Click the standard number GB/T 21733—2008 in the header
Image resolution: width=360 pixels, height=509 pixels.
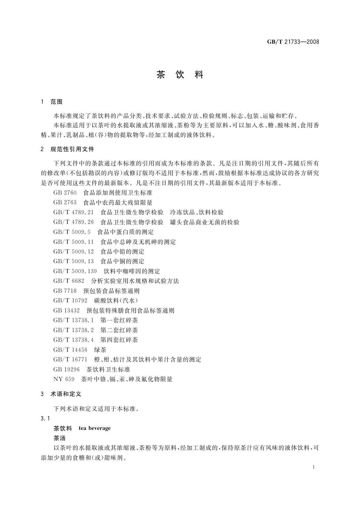[x=293, y=42]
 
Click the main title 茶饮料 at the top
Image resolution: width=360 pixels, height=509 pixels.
[x=180, y=75]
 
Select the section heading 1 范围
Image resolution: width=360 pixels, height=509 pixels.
[x=52, y=102]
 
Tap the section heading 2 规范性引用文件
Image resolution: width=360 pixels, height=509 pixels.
[x=68, y=149]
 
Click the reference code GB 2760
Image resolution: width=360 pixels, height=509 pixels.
[x=65, y=193]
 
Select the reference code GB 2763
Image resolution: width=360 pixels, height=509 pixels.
[x=65, y=203]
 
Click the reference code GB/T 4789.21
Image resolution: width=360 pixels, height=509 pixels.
[x=73, y=212]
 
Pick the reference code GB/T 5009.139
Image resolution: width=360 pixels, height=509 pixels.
[x=75, y=271]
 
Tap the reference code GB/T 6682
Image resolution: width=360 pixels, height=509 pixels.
[x=69, y=281]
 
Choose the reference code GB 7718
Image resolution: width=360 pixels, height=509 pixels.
[x=65, y=291]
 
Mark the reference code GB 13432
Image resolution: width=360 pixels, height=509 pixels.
[x=66, y=310]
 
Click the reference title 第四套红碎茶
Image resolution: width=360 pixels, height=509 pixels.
[x=119, y=340]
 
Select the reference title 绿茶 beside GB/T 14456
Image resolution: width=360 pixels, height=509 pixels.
[x=100, y=350]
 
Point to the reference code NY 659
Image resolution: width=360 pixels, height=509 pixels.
[x=64, y=379]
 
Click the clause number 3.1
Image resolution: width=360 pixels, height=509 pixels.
[x=45, y=419]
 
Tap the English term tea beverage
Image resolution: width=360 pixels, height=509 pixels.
[x=95, y=428]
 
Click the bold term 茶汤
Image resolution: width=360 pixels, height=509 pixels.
[x=60, y=438]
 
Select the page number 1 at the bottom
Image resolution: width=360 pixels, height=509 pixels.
[x=313, y=467]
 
